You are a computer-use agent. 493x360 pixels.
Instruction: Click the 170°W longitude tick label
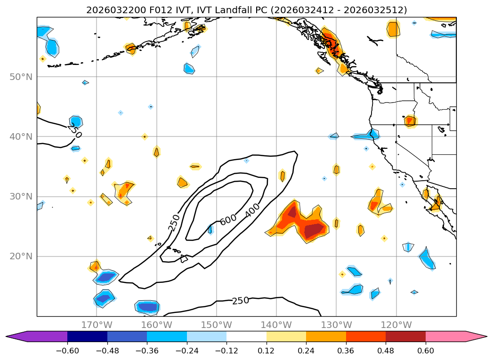97,325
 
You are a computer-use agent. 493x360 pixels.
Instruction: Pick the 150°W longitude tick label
216,325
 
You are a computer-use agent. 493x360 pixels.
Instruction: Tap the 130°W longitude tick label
336,325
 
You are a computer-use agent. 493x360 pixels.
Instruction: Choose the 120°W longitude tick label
396,325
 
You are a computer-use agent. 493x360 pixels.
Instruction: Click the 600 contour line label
228,220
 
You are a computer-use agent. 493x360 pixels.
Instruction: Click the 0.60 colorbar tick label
425,351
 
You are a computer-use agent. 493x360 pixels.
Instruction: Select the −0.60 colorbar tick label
67,351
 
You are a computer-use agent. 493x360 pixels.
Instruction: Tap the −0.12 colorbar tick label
226,351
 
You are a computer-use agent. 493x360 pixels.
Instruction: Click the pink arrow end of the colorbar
476,336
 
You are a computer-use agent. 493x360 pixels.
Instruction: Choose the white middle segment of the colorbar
246,336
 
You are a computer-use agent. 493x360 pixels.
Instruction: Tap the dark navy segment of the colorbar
87,336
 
